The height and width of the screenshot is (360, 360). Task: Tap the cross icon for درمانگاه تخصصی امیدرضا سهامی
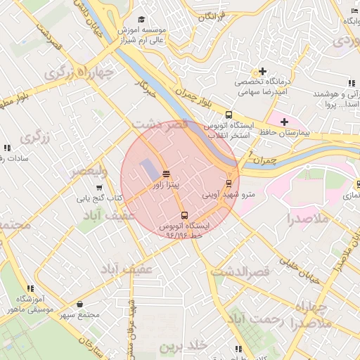click(x=262, y=71)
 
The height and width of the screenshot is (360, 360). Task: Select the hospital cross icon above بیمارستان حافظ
click(x=284, y=122)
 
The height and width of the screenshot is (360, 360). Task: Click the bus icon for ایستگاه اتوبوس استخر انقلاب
click(x=228, y=115)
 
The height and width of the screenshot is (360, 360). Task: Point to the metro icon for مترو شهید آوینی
click(x=228, y=183)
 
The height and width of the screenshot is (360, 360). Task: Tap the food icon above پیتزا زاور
click(x=166, y=174)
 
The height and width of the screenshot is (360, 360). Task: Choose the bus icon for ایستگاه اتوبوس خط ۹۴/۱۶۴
click(x=184, y=216)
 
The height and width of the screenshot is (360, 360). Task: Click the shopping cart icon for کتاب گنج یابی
click(x=99, y=188)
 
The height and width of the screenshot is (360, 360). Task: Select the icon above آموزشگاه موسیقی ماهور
click(x=30, y=288)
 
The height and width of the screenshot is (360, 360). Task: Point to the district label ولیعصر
click(x=89, y=171)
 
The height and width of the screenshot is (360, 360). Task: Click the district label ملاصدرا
click(x=308, y=219)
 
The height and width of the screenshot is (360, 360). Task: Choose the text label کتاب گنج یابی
click(x=99, y=198)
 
